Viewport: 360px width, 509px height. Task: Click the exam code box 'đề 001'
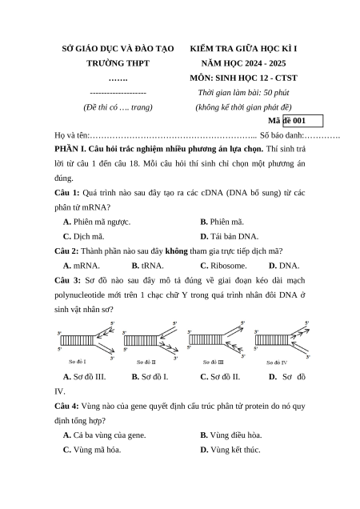click(x=303, y=121)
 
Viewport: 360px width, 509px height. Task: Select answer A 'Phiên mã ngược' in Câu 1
click(x=97, y=222)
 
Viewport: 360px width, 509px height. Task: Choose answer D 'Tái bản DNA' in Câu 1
click(x=229, y=237)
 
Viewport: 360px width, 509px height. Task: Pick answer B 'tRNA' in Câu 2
click(x=148, y=266)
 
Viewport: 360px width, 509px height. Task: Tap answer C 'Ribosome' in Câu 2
click(x=223, y=266)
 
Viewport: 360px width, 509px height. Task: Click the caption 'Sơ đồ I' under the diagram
click(x=78, y=361)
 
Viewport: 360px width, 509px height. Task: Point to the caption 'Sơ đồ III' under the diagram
click(x=214, y=362)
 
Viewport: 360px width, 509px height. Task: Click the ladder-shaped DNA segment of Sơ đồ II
click(x=141, y=340)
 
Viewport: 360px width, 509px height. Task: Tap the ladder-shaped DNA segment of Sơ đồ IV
click(x=272, y=340)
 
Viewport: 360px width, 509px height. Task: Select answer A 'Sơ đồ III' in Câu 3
click(x=85, y=377)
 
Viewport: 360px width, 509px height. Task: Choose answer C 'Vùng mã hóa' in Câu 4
click(x=92, y=450)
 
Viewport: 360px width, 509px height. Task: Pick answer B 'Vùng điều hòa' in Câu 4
click(x=231, y=435)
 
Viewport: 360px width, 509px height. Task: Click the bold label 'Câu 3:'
click(x=67, y=280)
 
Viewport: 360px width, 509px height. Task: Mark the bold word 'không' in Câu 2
click(x=177, y=251)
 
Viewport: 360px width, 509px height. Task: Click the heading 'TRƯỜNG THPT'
click(x=118, y=63)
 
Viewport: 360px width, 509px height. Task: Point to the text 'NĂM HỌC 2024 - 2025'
click(x=243, y=63)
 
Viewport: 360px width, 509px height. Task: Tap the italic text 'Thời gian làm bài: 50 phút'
click(x=243, y=93)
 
